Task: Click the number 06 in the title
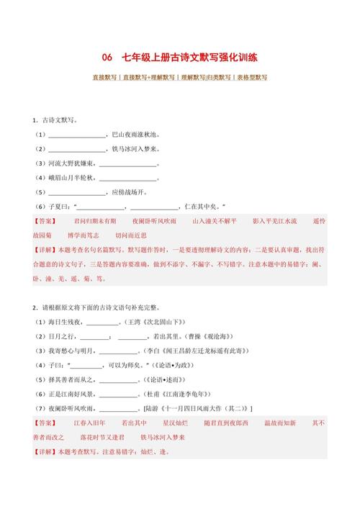(107, 58)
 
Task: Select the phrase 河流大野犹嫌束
(71, 163)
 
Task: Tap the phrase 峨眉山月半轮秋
(71, 178)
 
